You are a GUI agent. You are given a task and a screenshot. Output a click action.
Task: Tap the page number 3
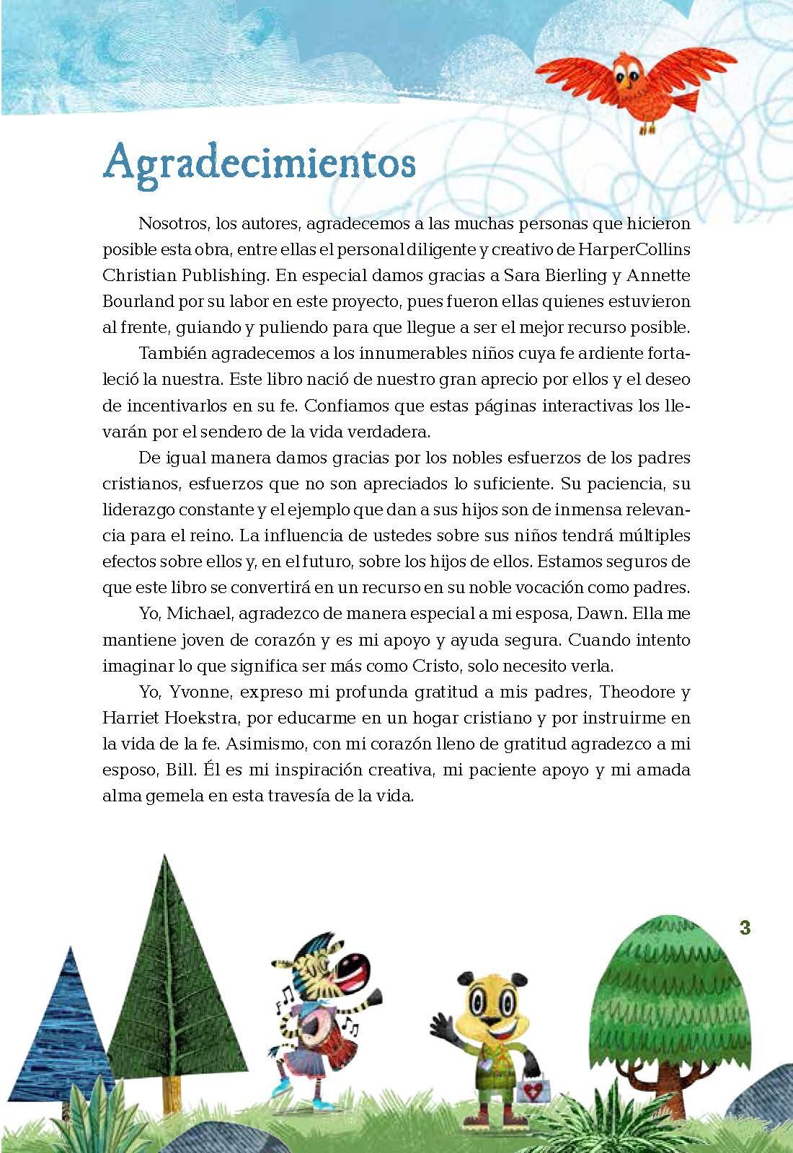pyautogui.click(x=745, y=927)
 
